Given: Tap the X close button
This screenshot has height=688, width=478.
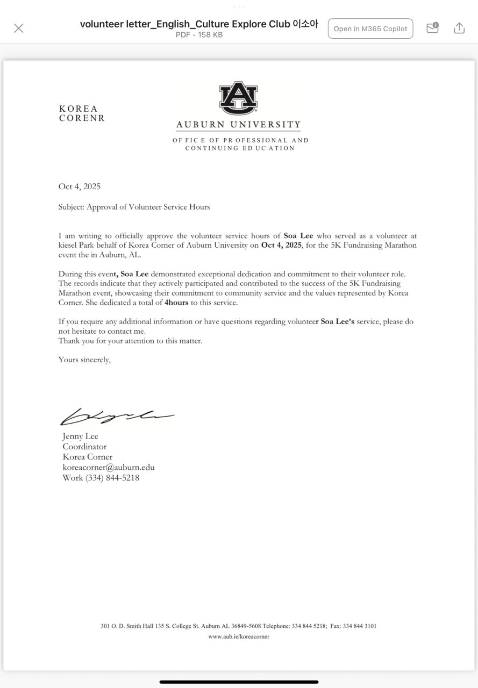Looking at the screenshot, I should (19, 28).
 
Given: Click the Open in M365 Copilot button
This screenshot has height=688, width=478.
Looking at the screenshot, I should (370, 28).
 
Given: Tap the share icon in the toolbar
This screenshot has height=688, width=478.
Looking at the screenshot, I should (459, 28).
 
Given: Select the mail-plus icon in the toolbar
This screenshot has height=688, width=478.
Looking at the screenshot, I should (432, 28).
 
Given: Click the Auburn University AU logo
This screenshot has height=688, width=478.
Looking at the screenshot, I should (238, 98).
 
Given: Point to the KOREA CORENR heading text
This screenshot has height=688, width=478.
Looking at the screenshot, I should (82, 113).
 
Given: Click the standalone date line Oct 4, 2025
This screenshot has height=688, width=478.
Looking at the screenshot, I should (80, 187).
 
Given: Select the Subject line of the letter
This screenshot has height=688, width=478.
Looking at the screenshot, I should (134, 207).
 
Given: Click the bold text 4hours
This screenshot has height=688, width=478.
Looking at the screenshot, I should (176, 303).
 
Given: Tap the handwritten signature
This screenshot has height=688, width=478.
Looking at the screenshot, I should (117, 416).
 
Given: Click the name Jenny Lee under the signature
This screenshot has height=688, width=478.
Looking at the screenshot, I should (81, 436).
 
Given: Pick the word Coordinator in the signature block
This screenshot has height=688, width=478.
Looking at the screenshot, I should (85, 447).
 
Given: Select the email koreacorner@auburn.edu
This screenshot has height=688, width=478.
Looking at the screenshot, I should (109, 468).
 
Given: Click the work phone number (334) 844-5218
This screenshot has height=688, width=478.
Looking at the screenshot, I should (112, 478).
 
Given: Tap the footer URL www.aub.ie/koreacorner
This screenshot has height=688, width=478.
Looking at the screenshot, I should (239, 636).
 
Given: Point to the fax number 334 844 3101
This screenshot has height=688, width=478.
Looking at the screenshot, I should (359, 626).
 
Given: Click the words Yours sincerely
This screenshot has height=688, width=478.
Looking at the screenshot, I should (84, 360).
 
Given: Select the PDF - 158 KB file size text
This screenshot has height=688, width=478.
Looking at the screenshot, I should (199, 35).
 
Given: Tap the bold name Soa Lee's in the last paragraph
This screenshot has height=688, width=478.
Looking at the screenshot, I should (337, 321).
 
